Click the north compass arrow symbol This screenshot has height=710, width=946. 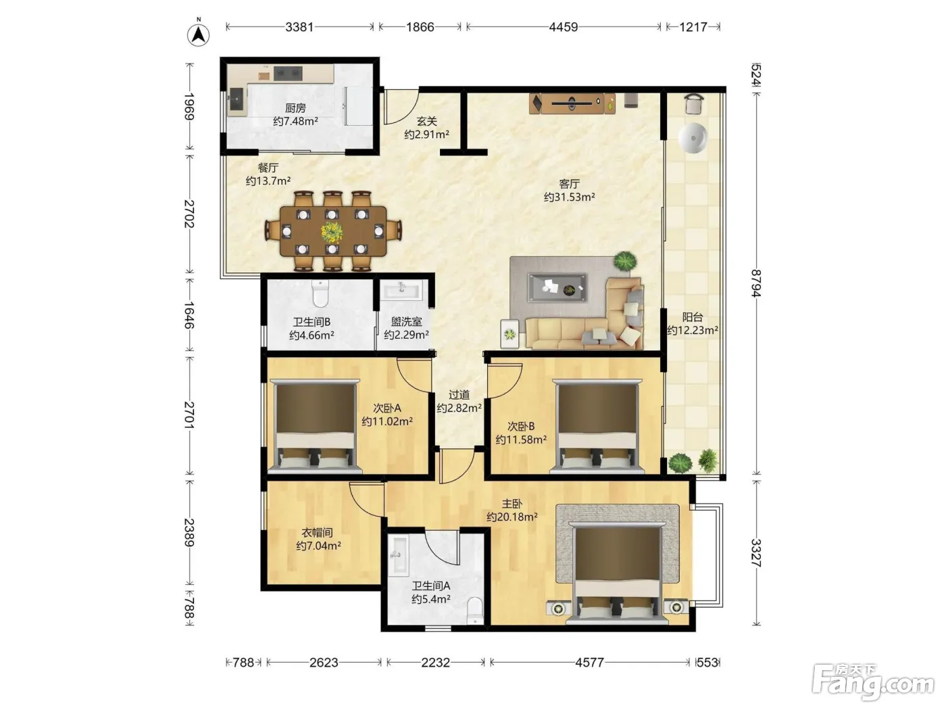(x=198, y=34)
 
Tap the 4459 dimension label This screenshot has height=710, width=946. (x=563, y=27)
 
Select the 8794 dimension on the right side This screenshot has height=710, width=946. (x=756, y=283)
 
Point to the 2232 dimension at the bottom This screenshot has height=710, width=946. (x=435, y=662)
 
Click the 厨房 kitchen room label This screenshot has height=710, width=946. (x=295, y=108)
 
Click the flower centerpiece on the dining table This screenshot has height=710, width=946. (x=332, y=232)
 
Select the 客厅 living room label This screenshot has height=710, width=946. (x=569, y=184)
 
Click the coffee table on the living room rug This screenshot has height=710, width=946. (x=557, y=287)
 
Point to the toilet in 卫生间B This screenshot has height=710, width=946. (x=320, y=293)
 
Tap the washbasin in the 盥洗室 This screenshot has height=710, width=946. (x=401, y=289)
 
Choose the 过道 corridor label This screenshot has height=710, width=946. (x=459, y=394)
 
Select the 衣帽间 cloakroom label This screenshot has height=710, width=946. (x=317, y=532)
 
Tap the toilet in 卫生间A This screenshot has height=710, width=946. (x=475, y=609)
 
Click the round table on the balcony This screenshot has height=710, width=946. (x=693, y=139)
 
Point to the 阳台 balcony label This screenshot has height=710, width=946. (x=693, y=317)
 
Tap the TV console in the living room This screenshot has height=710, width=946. (x=572, y=103)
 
